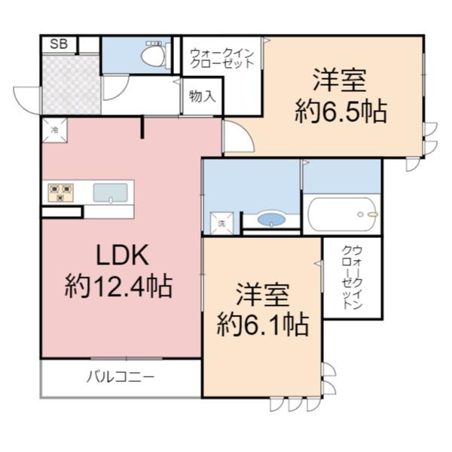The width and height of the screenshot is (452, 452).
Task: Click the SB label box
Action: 58,44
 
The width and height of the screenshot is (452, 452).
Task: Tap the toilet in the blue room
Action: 153,54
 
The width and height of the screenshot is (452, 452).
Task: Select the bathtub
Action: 343,214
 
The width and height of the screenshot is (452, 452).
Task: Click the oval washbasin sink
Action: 271,220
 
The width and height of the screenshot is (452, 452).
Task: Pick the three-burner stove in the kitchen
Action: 60,192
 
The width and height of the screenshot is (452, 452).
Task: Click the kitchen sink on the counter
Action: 110,193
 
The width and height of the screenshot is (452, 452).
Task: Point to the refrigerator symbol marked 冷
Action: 54,130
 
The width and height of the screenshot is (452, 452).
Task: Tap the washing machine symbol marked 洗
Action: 222,223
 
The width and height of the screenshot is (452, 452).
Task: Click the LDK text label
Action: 119,255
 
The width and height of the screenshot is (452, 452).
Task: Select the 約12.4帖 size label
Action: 118,286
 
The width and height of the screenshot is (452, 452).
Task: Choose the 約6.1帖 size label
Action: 262,325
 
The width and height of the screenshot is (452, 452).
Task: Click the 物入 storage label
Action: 202,96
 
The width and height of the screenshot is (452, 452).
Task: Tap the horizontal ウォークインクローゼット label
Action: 221,57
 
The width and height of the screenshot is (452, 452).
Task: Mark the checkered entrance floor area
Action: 71,85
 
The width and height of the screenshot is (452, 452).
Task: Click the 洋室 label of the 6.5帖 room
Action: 341,80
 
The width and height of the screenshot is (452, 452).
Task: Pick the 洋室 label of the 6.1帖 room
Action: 262,293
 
